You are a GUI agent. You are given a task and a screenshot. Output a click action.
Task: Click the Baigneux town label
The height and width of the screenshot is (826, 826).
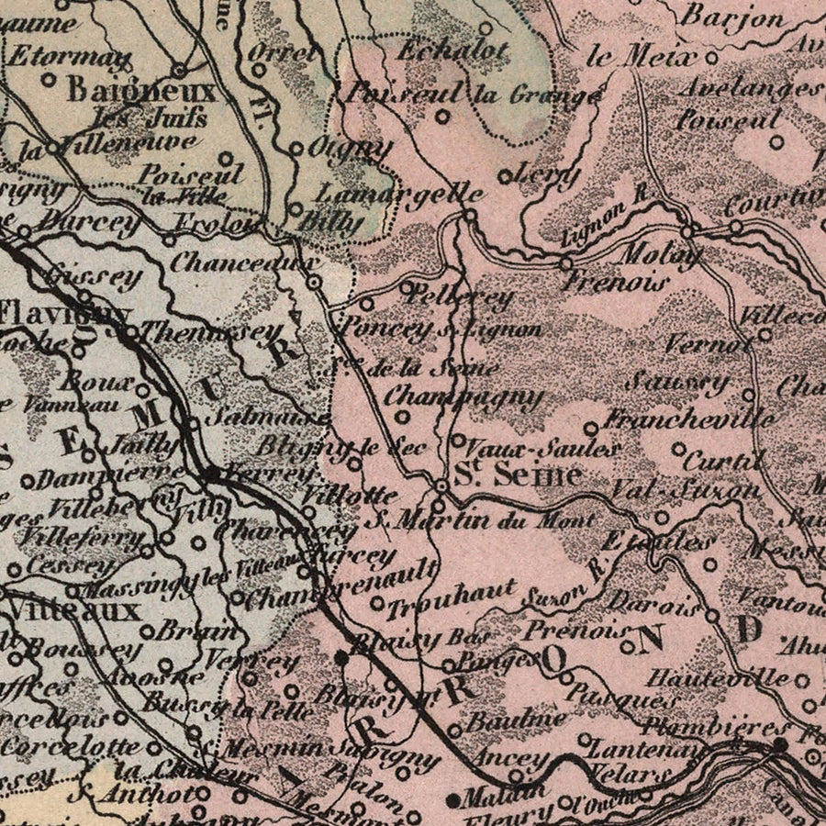coord(140,91)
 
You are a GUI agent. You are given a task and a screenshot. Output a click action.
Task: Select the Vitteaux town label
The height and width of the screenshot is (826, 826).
coord(72,609)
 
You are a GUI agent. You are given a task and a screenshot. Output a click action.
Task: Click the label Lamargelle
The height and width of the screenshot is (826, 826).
coord(399,194)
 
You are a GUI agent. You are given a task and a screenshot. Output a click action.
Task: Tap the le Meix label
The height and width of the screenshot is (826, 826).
coord(640,56)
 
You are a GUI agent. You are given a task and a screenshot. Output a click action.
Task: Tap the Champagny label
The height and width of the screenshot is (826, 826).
coord(463,397)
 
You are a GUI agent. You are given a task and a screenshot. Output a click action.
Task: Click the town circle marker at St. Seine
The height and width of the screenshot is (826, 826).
coord(441,486)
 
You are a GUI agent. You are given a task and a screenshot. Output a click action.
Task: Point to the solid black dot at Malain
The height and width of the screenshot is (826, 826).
coord(452,800)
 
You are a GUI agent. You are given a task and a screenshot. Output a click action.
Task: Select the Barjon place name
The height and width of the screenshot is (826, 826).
coord(733,17)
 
